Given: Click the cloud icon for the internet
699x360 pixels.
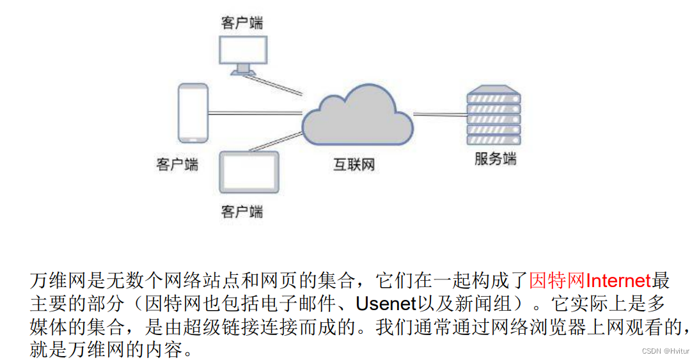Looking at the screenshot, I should coord(357,120).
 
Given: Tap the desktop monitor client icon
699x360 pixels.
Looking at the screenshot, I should coord(242,51).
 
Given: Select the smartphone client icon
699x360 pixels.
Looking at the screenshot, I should coord(192,113).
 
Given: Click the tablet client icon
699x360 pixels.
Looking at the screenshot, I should coord(249,172).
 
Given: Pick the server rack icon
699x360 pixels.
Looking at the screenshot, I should coord(493,116).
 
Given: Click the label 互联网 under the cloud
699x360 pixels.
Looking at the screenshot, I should coord(354,165).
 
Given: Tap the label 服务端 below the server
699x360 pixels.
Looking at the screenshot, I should coord(495,159).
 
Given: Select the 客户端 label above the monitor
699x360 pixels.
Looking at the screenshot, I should coord(242,23).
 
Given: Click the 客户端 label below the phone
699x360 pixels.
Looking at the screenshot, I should coord(177,164).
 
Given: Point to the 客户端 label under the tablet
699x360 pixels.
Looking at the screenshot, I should coord(242,211).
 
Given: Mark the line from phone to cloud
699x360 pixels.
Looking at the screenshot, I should coord(255,114).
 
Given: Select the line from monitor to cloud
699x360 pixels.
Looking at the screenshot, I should coord(278,84).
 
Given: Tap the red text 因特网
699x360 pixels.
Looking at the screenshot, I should coord(557,280).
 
